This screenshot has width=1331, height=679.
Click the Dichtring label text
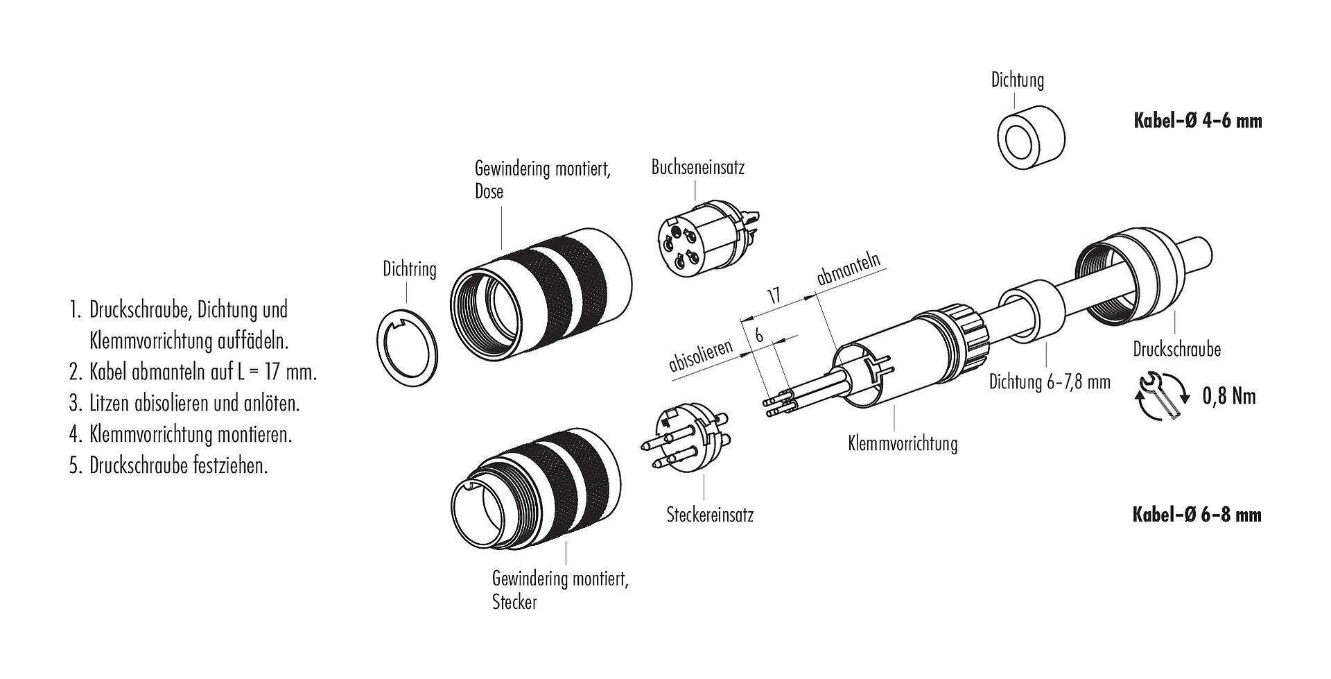click(410, 269)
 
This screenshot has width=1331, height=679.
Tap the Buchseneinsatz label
click(697, 167)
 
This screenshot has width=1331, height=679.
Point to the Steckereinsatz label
click(709, 515)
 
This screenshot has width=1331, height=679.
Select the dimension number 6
click(759, 335)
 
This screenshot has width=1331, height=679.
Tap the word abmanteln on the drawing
click(849, 269)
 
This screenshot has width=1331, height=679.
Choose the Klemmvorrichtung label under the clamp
click(902, 443)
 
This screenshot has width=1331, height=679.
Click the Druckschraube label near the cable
click(1176, 349)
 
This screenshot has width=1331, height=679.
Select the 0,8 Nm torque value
click(1228, 397)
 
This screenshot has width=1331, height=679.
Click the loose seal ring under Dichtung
click(1030, 138)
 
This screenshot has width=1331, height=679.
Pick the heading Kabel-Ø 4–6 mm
click(1197, 121)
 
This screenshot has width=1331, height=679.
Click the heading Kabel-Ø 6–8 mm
click(1197, 515)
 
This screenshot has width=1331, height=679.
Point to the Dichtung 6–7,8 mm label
click(1050, 381)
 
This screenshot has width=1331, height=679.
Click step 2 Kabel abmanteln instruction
click(193, 372)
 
